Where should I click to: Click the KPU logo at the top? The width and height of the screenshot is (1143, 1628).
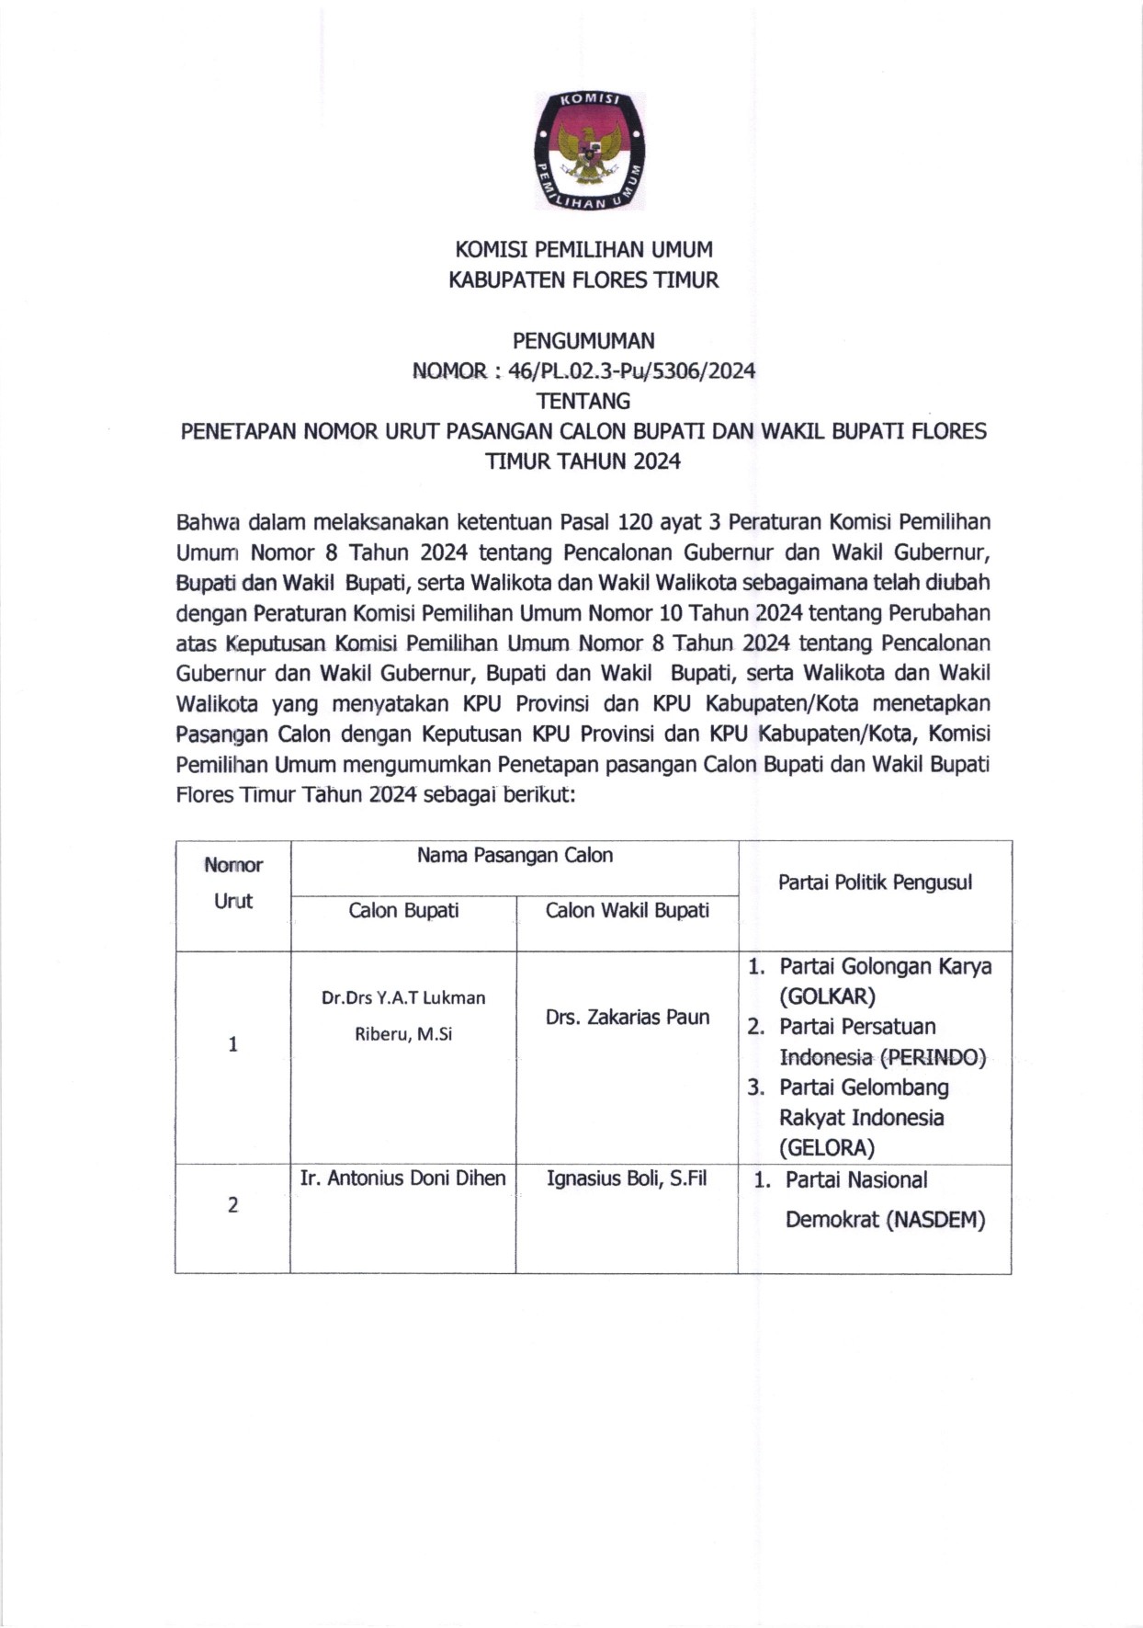(589, 151)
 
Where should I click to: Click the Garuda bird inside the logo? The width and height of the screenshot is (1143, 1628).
(589, 151)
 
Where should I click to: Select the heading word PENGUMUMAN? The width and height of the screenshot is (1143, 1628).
(583, 341)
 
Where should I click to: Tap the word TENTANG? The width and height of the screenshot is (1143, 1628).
(583, 402)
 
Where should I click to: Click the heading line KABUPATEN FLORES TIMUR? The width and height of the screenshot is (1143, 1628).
(583, 280)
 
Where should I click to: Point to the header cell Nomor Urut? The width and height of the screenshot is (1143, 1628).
(233, 882)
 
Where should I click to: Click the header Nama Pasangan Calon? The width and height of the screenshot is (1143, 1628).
(515, 856)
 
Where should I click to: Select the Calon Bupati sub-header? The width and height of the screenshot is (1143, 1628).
(403, 911)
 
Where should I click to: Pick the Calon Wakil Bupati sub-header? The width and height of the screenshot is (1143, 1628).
(628, 911)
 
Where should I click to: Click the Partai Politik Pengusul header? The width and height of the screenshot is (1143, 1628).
(875, 883)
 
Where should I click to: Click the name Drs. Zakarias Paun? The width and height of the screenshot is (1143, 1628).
(628, 1018)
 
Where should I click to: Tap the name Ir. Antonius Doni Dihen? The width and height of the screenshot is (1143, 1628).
(402, 1178)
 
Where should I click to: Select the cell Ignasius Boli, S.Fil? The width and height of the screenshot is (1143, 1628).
(627, 1178)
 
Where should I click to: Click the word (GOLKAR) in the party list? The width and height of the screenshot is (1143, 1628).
(827, 996)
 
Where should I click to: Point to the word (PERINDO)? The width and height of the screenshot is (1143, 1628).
(933, 1057)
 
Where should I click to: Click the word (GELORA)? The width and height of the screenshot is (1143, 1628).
(827, 1148)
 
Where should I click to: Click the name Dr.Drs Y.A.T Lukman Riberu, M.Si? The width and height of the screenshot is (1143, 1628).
(403, 1016)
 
